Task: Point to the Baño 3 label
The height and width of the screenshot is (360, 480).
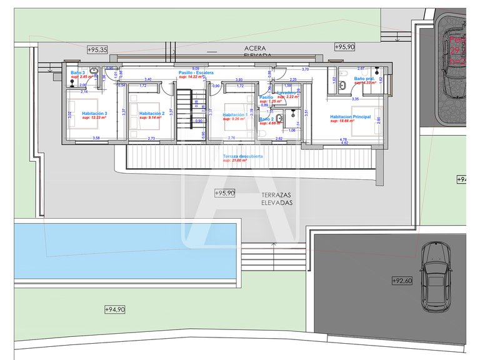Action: click(x=77, y=72)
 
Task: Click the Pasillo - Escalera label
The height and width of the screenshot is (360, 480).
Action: click(x=196, y=72)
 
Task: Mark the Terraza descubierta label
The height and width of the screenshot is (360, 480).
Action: click(x=242, y=156)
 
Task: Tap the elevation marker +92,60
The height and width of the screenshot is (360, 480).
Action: click(x=402, y=281)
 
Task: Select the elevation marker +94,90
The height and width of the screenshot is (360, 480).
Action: click(x=114, y=309)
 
